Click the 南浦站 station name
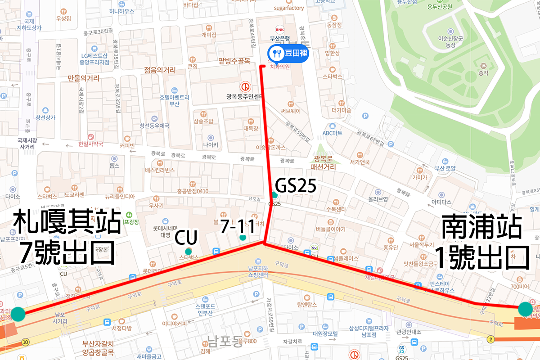(482, 227)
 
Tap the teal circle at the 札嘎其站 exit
(18, 314)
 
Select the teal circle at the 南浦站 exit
(525, 309)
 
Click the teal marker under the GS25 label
(274, 195)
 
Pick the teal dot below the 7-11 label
(243, 237)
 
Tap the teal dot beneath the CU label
(188, 251)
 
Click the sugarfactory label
(289, 8)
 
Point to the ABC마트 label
(333, 133)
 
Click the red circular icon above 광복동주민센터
(245, 85)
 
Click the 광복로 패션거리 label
(325, 162)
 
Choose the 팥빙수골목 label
(234, 62)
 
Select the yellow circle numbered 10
(25, 342)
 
